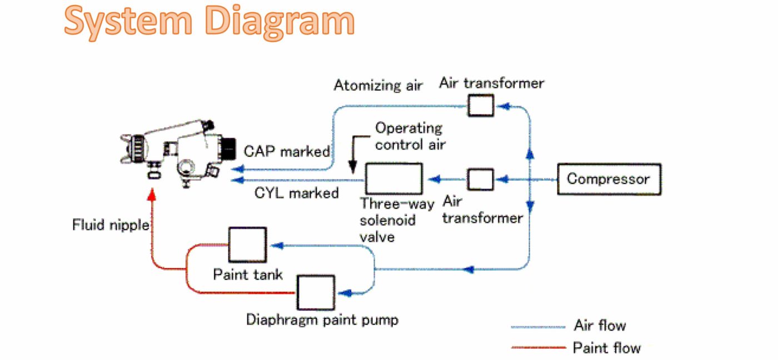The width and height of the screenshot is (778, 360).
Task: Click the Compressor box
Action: pos(609,179)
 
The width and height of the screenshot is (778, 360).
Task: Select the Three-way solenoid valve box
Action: pos(393,179)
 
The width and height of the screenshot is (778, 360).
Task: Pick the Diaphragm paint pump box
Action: pos(315,292)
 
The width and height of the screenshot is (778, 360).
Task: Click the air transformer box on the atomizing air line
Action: pos(481,104)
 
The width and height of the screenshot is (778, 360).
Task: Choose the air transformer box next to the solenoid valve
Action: pos(480,179)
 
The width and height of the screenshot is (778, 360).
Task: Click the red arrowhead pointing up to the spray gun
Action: pos(152,195)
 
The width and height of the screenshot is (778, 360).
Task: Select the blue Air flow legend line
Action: pos(537,326)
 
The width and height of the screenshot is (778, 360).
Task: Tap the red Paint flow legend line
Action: pos(537,348)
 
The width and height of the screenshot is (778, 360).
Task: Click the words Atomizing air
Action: pos(378,86)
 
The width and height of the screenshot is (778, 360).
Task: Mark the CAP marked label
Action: pos(287,151)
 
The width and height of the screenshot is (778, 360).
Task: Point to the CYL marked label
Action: pos(296,193)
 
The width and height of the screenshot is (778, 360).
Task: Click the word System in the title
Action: pos(128,22)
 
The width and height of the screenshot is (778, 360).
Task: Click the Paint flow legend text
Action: pos(606,348)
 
